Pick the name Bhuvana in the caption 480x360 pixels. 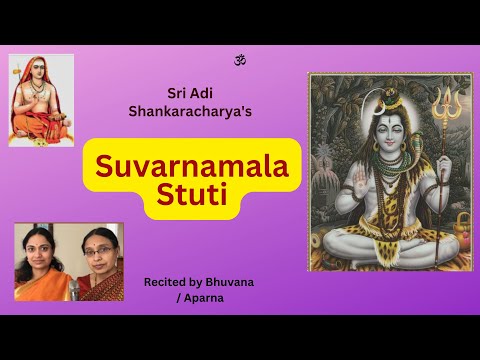[230, 282]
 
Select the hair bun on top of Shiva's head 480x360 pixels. [391, 90]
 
